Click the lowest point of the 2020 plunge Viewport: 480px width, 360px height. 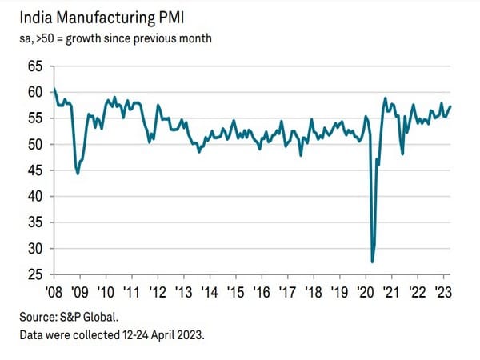coord(373,262)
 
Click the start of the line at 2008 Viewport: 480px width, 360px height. coord(54,88)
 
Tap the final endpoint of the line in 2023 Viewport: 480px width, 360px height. coord(451,106)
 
